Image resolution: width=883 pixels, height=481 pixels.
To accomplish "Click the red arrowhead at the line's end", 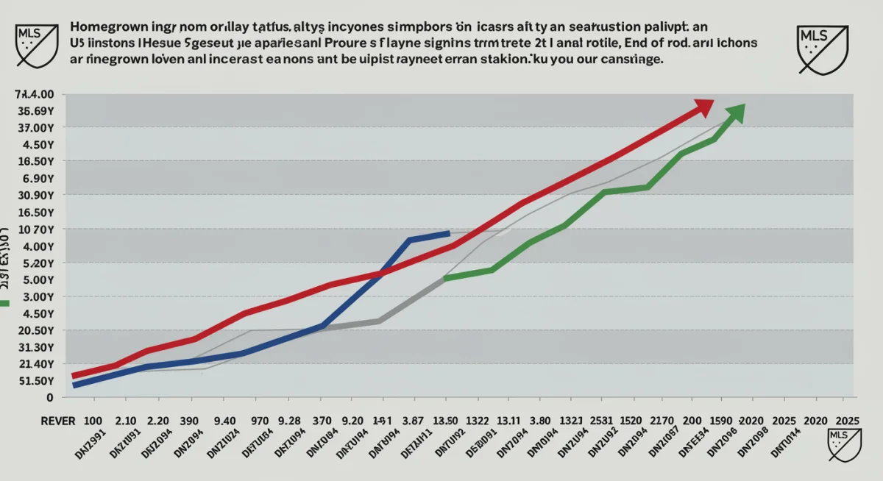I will click(704, 108).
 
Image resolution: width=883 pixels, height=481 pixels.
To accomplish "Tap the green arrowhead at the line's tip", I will click(737, 113).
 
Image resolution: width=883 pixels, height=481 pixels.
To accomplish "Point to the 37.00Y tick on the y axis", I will click(35, 127).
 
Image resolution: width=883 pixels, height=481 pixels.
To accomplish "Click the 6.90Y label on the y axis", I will click(38, 179).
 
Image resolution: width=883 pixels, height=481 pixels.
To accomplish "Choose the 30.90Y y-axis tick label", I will click(35, 196).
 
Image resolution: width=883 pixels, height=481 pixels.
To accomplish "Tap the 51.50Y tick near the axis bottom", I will click(35, 381).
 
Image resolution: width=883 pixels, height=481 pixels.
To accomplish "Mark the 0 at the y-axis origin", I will click(49, 398).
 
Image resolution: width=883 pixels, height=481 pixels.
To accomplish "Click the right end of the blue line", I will click(448, 233).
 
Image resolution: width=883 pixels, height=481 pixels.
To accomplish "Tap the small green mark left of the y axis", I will click(4, 303).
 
